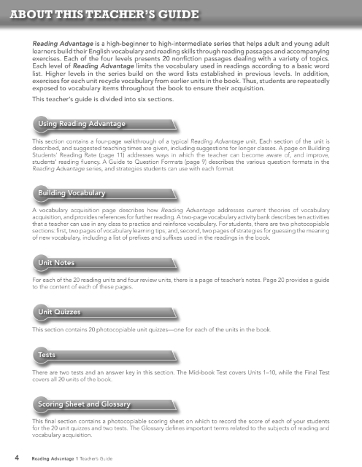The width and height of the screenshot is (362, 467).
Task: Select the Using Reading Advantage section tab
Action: click(x=82, y=120)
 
